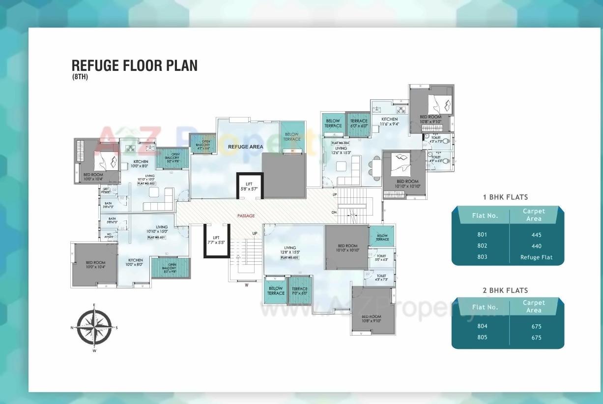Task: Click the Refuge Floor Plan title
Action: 134,65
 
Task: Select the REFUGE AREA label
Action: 245,147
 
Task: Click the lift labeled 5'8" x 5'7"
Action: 249,186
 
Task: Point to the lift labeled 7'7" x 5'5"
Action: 216,240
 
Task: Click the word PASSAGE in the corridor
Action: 246,216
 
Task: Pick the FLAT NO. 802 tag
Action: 146,184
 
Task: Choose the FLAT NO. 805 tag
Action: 290,257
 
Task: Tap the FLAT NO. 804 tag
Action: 340,143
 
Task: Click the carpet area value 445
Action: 536,235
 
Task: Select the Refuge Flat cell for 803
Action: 536,257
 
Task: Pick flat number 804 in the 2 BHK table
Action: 482,326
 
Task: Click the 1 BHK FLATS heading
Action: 505,197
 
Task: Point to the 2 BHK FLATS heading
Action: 505,290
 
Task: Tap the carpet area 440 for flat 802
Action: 536,246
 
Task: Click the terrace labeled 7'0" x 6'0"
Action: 299,291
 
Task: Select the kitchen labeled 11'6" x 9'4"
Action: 390,122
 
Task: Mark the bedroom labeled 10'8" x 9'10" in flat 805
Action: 371,318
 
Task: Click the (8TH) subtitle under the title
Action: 80,76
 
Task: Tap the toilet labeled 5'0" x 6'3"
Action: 382,258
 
